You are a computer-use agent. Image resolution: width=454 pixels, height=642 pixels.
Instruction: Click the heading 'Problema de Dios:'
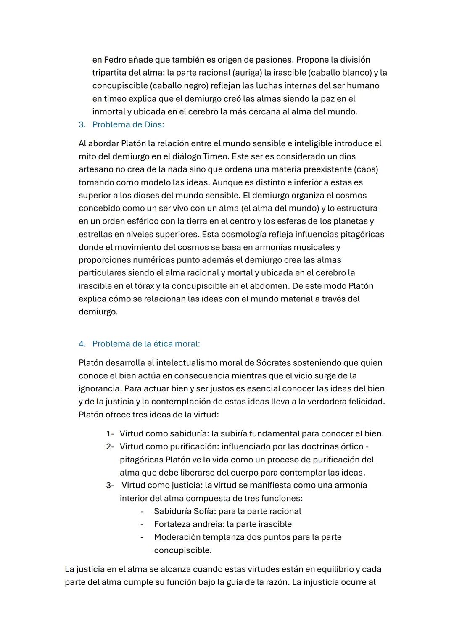[128, 125]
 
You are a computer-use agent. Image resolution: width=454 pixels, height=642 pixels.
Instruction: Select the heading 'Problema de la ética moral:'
[146, 344]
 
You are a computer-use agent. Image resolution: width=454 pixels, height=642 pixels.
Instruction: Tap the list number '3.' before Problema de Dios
[82, 125]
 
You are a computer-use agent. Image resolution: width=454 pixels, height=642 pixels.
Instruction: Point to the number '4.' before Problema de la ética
[82, 344]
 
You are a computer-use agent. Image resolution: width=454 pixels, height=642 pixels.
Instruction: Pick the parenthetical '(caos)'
[366, 169]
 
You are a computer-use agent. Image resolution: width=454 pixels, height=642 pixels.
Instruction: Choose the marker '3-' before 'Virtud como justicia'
[110, 485]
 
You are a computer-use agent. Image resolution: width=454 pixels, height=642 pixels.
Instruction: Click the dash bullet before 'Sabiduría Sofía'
[142, 511]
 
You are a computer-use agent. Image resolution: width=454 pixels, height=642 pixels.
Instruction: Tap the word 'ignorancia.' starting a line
[100, 388]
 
